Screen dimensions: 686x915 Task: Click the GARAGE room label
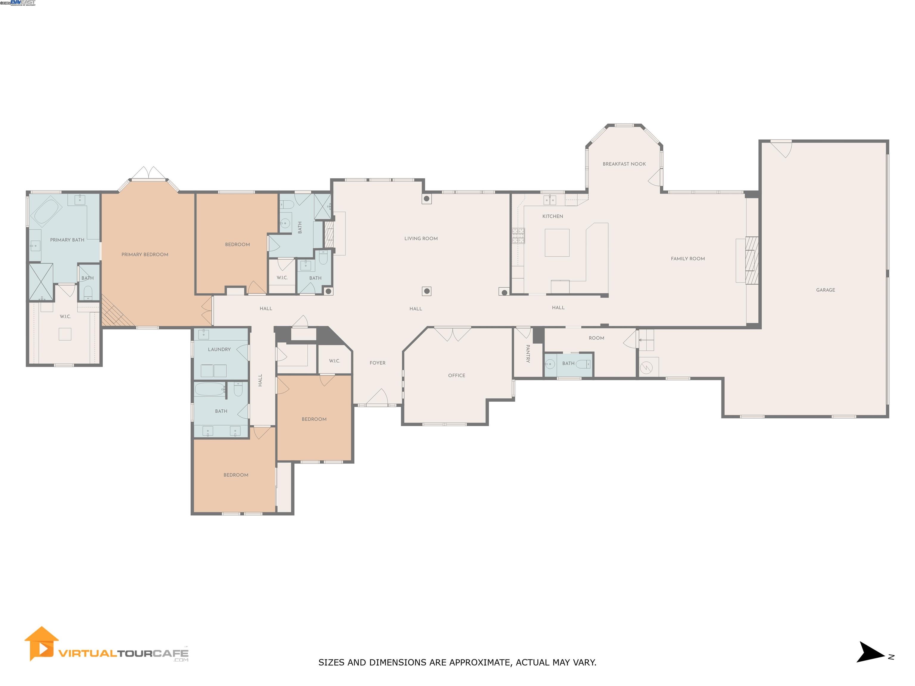tap(825, 290)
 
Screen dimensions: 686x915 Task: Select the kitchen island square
tap(557, 243)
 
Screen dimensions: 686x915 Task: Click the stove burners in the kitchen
tap(518, 236)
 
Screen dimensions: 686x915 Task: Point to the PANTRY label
tap(528, 353)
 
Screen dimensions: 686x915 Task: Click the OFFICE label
tap(456, 375)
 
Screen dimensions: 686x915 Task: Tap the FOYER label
tap(377, 363)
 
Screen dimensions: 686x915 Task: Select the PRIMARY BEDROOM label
tap(145, 255)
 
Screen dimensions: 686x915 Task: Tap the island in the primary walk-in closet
tap(65, 334)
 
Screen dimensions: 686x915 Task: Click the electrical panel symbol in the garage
tap(646, 367)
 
